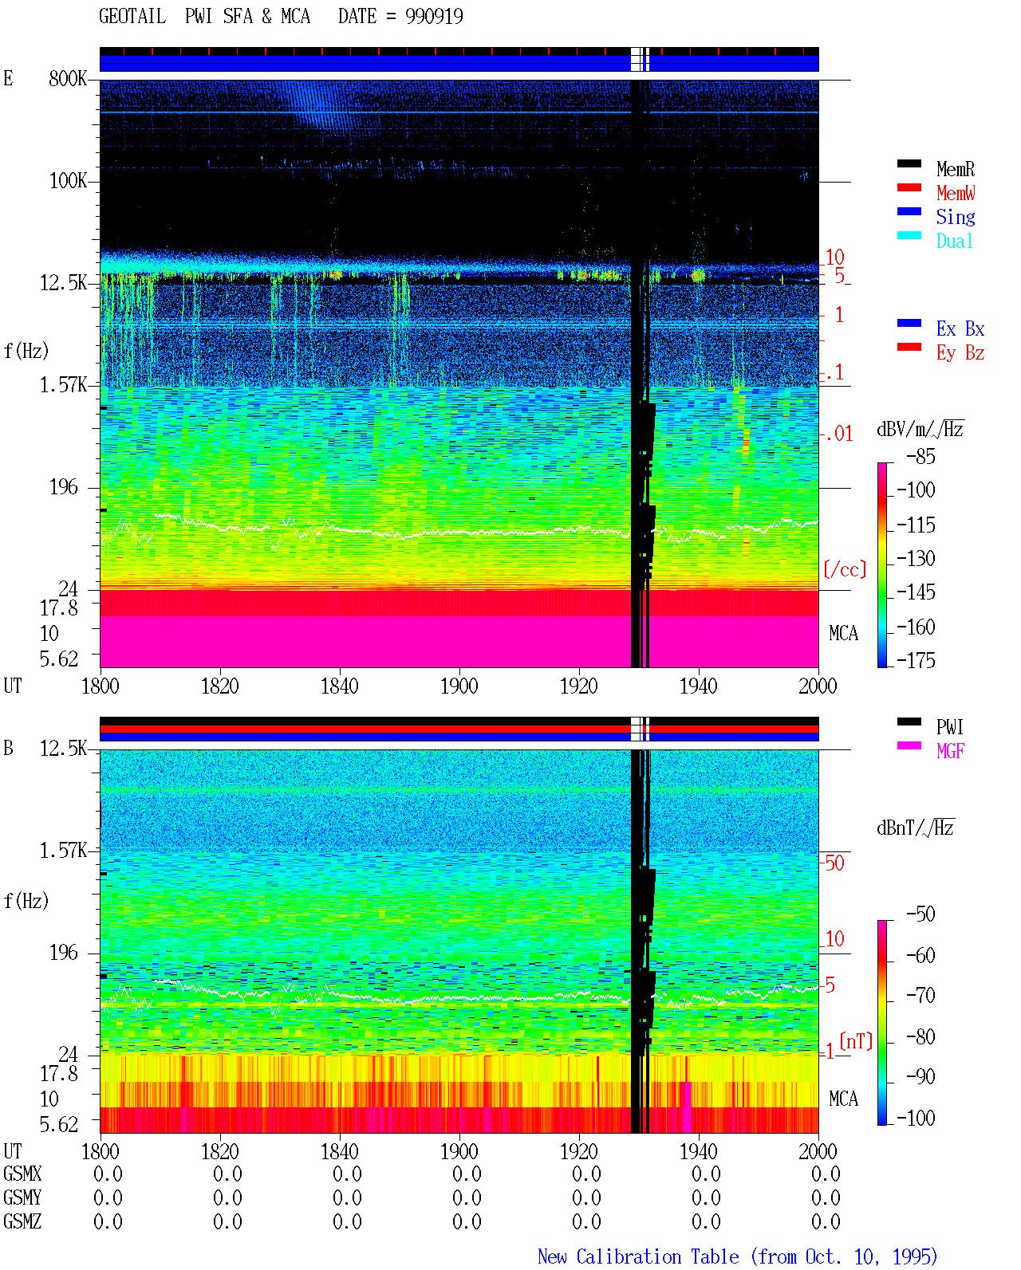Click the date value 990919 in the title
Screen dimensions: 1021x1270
coord(433,16)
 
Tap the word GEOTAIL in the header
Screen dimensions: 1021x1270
coord(132,16)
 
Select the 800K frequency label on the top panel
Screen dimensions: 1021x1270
coord(68,78)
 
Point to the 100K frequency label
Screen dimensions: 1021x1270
coord(68,181)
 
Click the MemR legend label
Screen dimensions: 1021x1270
coord(955,169)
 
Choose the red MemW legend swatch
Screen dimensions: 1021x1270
coord(909,187)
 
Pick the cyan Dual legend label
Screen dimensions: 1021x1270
coord(954,241)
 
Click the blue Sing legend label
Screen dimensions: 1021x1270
coord(955,217)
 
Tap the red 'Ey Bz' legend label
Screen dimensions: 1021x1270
coord(960,353)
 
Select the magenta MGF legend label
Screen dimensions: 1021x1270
coord(950,751)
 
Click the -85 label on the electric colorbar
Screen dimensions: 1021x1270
coord(920,456)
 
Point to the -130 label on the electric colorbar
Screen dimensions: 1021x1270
coord(916,558)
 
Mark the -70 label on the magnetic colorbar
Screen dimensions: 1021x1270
coord(920,996)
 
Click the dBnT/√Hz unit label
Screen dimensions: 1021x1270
coord(915,828)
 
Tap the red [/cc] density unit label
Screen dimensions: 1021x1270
coord(845,569)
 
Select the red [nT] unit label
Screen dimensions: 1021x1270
coord(856,1040)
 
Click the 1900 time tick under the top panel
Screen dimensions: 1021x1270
coord(459,686)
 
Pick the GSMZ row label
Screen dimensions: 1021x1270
coord(22,1221)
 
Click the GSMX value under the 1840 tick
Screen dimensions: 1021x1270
coord(347,1174)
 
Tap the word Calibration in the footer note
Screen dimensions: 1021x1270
coord(657,1256)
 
